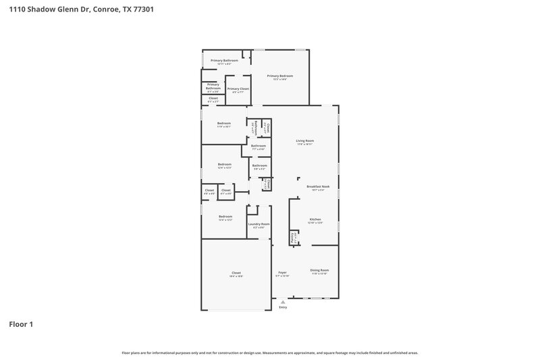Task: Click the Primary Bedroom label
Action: [x=281, y=76]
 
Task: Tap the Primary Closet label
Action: [x=238, y=88]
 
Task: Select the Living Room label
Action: [x=305, y=140]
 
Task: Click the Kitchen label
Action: [x=315, y=220]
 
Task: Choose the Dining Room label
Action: [x=319, y=270]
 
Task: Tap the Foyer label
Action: [x=283, y=272]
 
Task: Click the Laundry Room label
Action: [x=259, y=224]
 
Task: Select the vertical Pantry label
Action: [x=292, y=237]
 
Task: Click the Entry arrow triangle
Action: [x=283, y=302]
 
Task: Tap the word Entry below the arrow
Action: [x=283, y=307]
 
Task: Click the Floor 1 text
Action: [x=21, y=324]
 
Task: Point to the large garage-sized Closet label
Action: [x=236, y=273]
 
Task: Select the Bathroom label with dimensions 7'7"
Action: [x=258, y=146]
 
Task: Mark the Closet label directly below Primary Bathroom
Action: [x=213, y=98]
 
